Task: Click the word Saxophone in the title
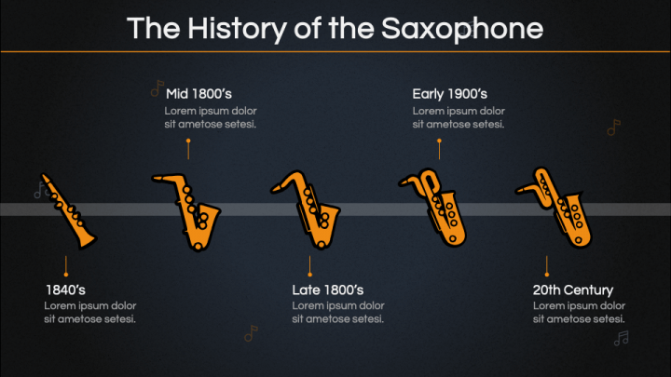[462, 28]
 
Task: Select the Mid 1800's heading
[199, 93]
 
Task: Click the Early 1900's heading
[449, 93]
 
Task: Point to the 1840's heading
[65, 289]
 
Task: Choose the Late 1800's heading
[327, 289]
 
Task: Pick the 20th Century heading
[573, 289]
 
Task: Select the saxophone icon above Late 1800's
[308, 209]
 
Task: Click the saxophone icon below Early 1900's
[432, 208]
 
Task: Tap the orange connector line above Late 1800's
[310, 266]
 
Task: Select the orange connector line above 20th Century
[547, 266]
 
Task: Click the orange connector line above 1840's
[65, 266]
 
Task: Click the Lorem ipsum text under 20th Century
[579, 313]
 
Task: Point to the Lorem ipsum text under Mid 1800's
[211, 117]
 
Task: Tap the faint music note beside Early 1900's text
[613, 128]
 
